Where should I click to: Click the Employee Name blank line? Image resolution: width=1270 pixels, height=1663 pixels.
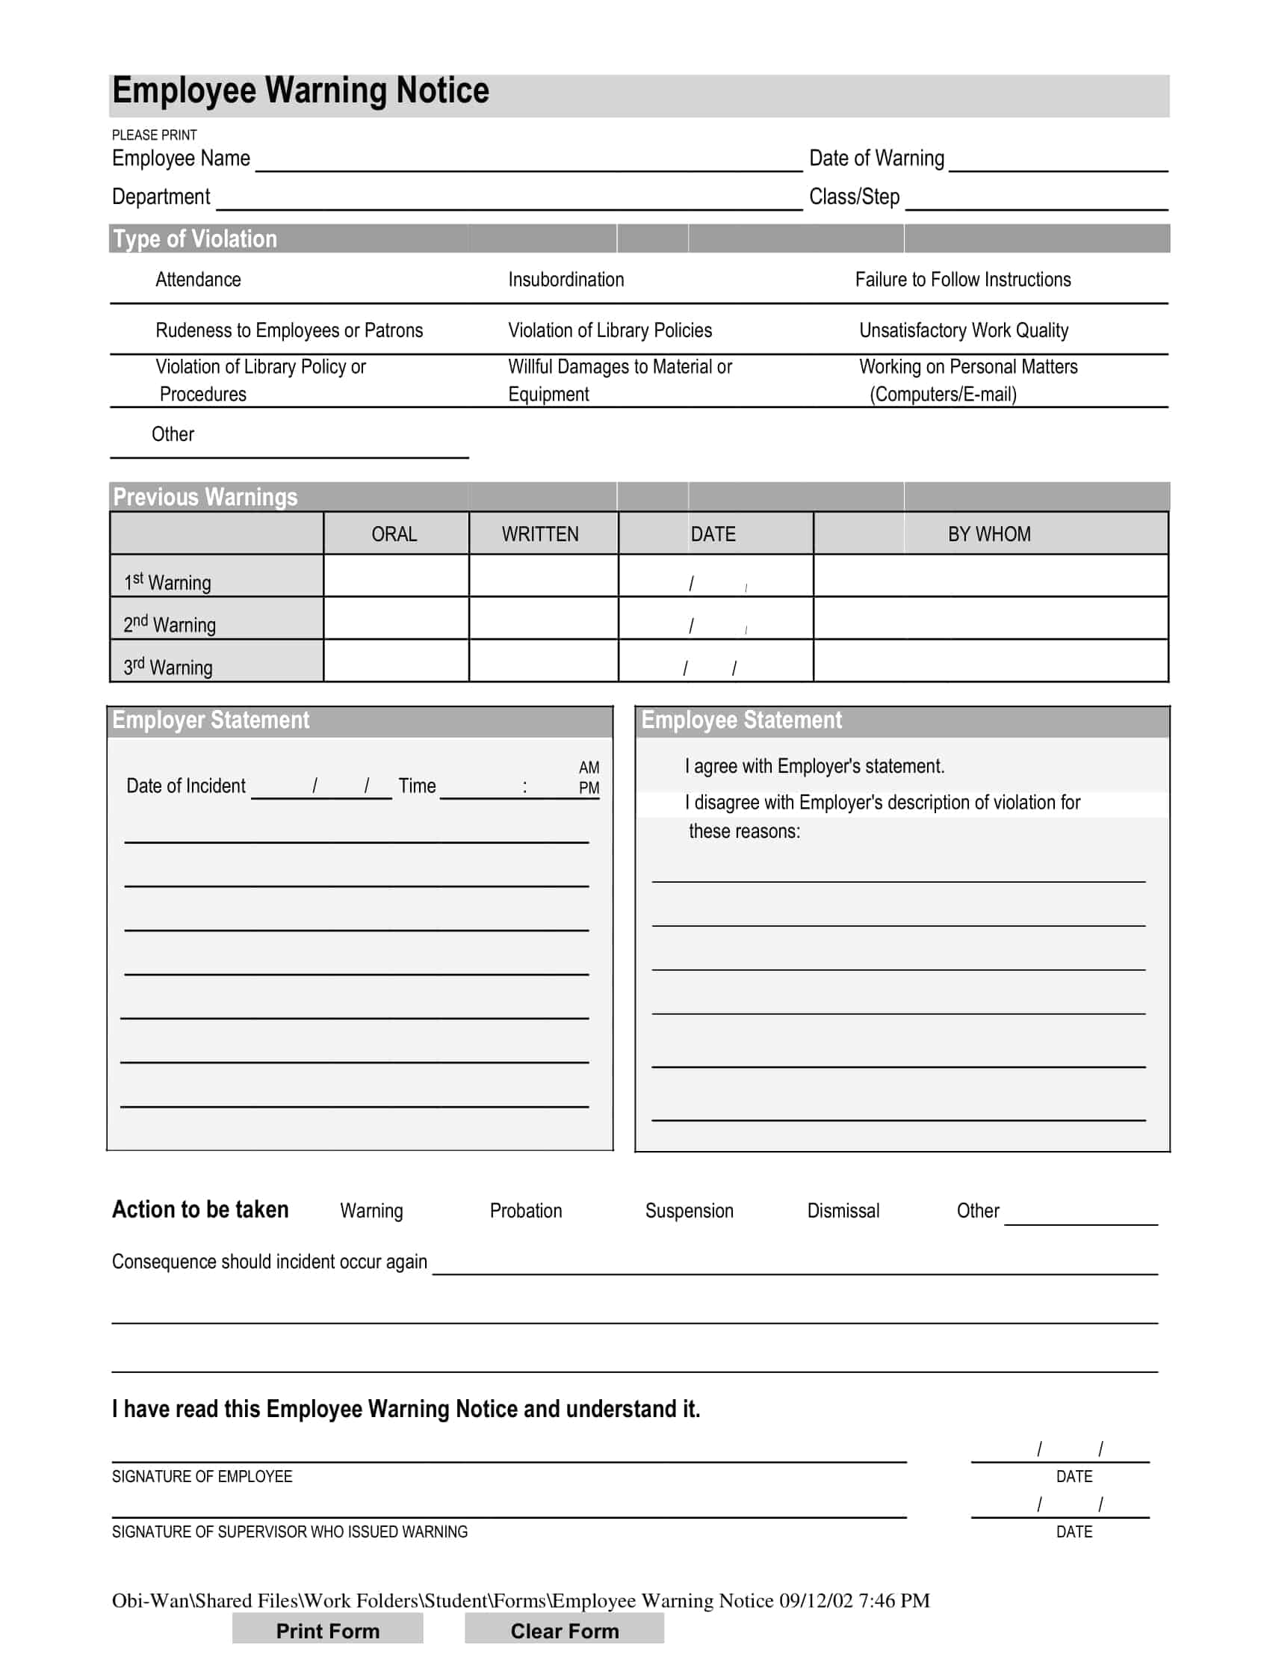(x=528, y=162)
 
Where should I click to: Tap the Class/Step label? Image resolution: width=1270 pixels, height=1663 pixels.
(x=853, y=197)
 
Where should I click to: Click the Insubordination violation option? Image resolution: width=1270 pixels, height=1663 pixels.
(x=566, y=280)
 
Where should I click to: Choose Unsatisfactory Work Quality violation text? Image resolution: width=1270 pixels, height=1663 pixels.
(x=963, y=330)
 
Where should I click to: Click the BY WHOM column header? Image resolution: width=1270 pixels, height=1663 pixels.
(x=989, y=534)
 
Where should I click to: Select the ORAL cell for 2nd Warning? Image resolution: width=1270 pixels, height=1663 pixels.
(x=395, y=619)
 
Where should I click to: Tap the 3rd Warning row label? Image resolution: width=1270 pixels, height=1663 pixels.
(x=168, y=667)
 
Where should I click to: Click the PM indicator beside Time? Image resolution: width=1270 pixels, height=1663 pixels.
(x=589, y=788)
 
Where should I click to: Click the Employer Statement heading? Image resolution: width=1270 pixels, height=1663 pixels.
(x=211, y=720)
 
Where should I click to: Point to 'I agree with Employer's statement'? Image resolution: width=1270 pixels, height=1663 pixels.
(x=814, y=766)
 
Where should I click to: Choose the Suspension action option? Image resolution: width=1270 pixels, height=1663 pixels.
(x=689, y=1211)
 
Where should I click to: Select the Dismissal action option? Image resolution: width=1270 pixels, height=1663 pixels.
(x=843, y=1211)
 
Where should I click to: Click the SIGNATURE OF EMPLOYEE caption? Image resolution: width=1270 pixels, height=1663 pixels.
(x=202, y=1476)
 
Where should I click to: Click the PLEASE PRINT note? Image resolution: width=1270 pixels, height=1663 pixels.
(x=154, y=135)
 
